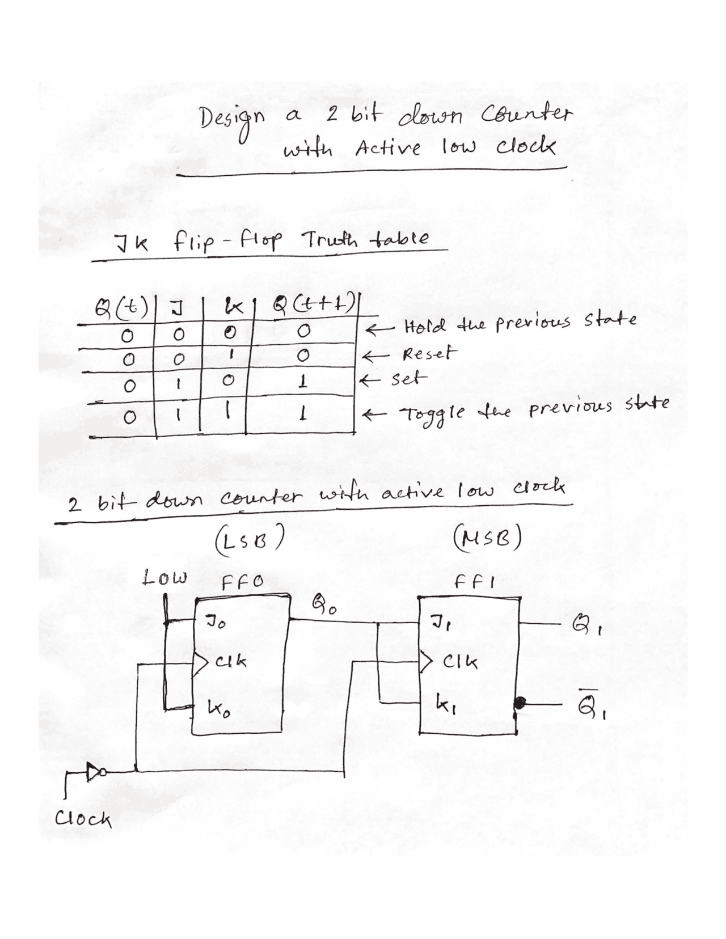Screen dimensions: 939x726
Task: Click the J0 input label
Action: (x=216, y=625)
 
